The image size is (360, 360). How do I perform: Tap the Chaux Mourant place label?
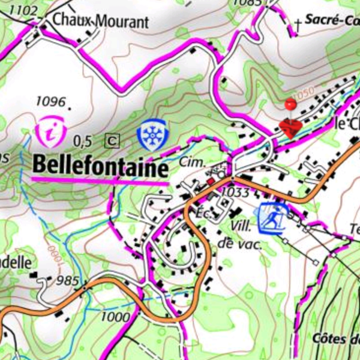click(100, 22)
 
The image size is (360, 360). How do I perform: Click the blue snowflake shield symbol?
click(151, 134)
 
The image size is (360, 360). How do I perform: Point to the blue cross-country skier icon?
click(271, 217)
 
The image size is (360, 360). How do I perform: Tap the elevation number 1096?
click(50, 100)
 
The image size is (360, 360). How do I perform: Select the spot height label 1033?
click(235, 192)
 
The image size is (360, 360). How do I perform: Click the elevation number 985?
click(67, 281)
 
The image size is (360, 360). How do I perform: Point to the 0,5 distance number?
click(83, 142)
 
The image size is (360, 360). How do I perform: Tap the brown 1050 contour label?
click(304, 93)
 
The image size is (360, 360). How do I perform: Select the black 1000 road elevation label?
click(116, 316)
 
